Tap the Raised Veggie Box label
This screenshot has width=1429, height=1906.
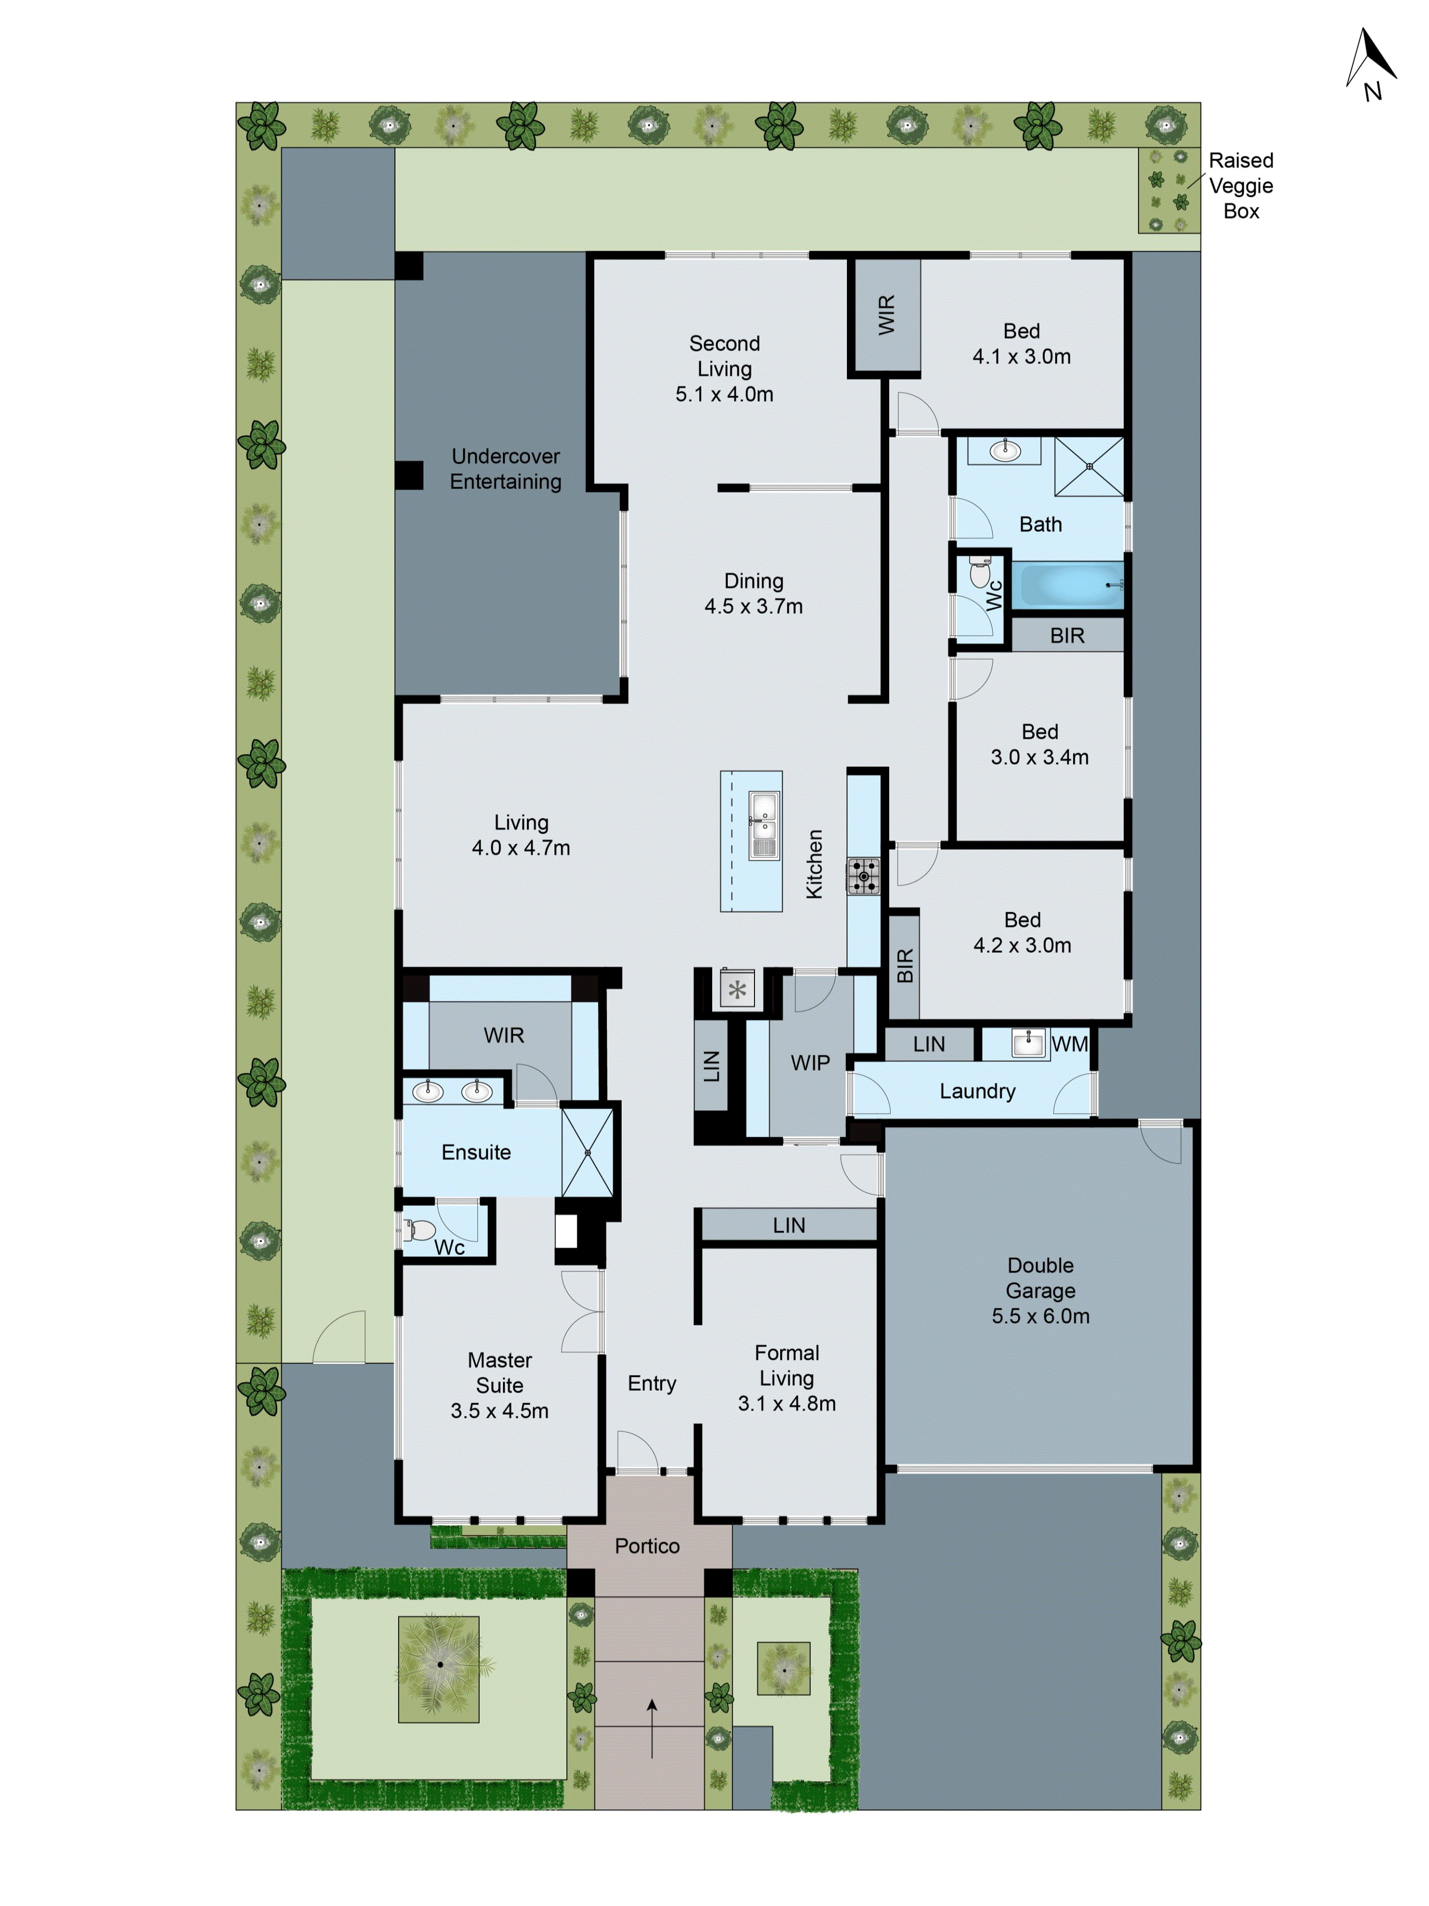(1240, 185)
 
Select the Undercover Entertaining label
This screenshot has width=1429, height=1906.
(505, 469)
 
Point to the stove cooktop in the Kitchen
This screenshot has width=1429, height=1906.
(863, 877)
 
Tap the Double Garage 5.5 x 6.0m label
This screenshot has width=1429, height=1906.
(1040, 1291)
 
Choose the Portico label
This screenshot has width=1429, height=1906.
(647, 1546)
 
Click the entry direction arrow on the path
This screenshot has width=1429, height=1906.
(652, 1728)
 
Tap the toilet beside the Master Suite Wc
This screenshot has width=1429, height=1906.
(420, 1230)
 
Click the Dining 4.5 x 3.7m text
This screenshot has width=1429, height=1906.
(754, 594)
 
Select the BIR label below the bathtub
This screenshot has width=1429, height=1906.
(1067, 636)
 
